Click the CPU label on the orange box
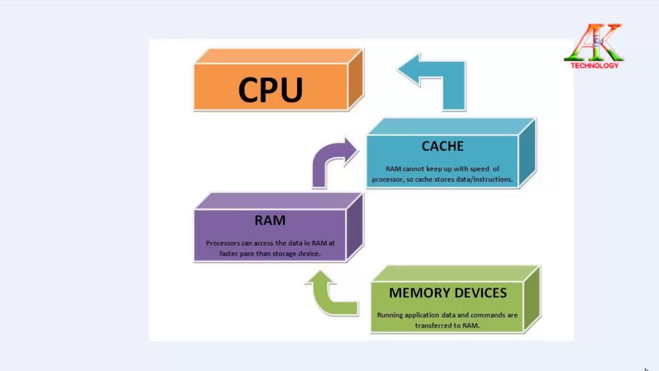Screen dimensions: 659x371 [271, 90]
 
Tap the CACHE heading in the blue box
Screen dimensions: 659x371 [442, 146]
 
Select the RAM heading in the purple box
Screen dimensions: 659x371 [270, 220]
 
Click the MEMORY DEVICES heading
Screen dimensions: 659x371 [448, 293]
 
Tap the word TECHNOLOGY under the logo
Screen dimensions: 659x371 [595, 65]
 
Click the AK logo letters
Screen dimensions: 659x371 [594, 42]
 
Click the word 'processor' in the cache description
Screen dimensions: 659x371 [388, 179]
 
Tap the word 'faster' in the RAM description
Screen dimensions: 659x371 [229, 254]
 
